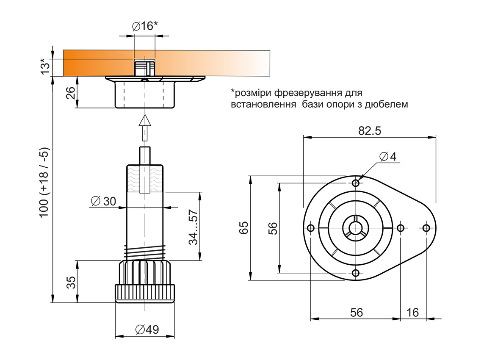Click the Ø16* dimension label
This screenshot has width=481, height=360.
(145, 26)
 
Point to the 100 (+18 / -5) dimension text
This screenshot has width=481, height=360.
(44, 183)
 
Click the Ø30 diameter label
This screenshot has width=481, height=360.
(103, 201)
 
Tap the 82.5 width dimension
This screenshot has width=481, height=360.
(370, 131)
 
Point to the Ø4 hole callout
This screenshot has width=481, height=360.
(388, 157)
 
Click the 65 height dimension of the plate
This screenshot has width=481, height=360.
(243, 228)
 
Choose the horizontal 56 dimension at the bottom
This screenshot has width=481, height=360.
(357, 313)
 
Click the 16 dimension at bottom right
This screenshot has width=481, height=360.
(412, 313)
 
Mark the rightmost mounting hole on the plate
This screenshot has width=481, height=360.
(426, 228)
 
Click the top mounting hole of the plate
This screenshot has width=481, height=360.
(356, 183)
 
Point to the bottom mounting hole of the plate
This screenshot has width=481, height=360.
(356, 272)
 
